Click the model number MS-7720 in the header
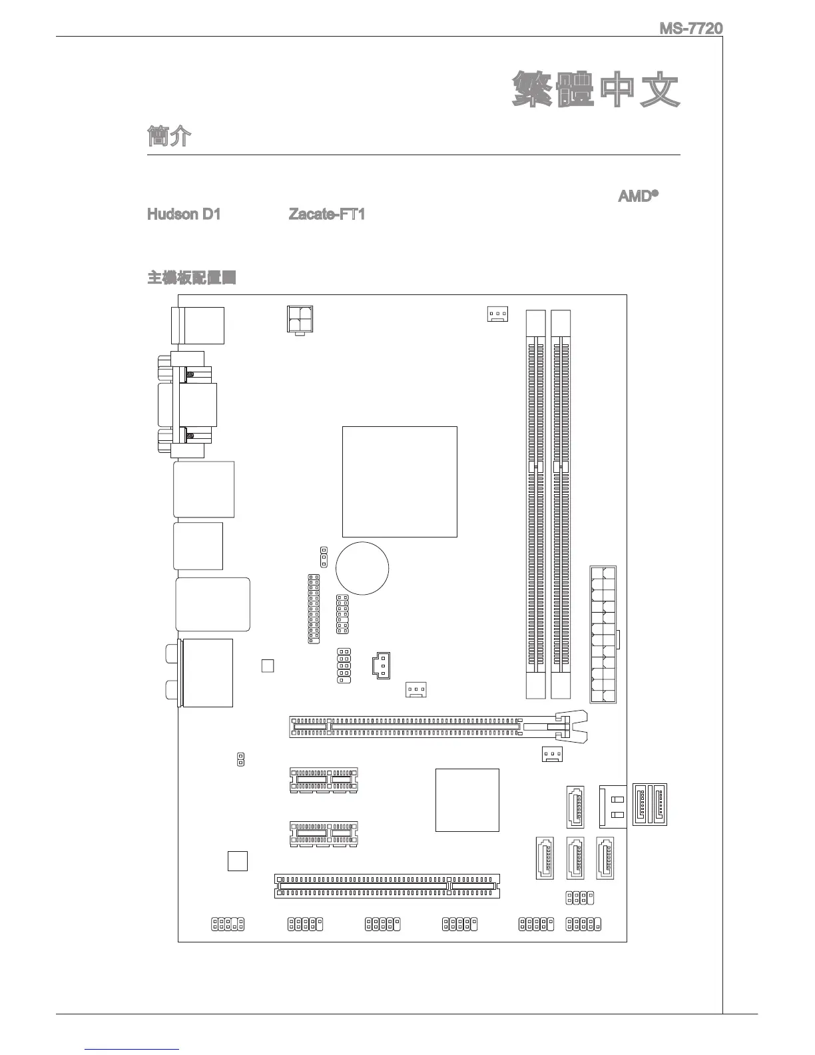pyautogui.click(x=690, y=29)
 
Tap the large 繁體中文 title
pyautogui.click(x=596, y=91)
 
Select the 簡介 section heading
pyautogui.click(x=169, y=136)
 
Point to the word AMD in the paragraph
pyautogui.click(x=635, y=196)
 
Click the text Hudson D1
pyautogui.click(x=183, y=214)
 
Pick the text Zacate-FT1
pyautogui.click(x=326, y=214)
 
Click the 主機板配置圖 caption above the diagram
pyautogui.click(x=191, y=278)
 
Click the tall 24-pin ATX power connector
pyautogui.click(x=603, y=634)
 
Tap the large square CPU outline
pyautogui.click(x=400, y=481)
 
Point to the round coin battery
pyautogui.click(x=362, y=568)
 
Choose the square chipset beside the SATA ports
pyautogui.click(x=467, y=800)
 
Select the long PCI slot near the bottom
pyautogui.click(x=387, y=886)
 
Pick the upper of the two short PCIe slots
pyautogui.click(x=324, y=779)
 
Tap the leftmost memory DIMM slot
pyautogui.click(x=535, y=504)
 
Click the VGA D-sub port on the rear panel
pyautogui.click(x=186, y=404)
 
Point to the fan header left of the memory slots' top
pyautogui.click(x=497, y=314)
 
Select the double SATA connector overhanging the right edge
pyautogui.click(x=649, y=805)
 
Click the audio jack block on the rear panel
pyautogui.click(x=206, y=672)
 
